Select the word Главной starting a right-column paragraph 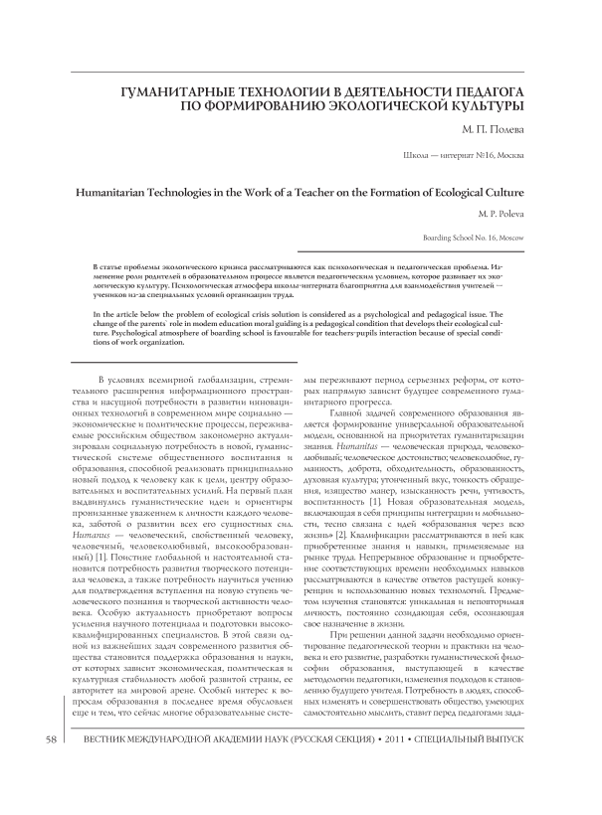(x=344, y=396)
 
